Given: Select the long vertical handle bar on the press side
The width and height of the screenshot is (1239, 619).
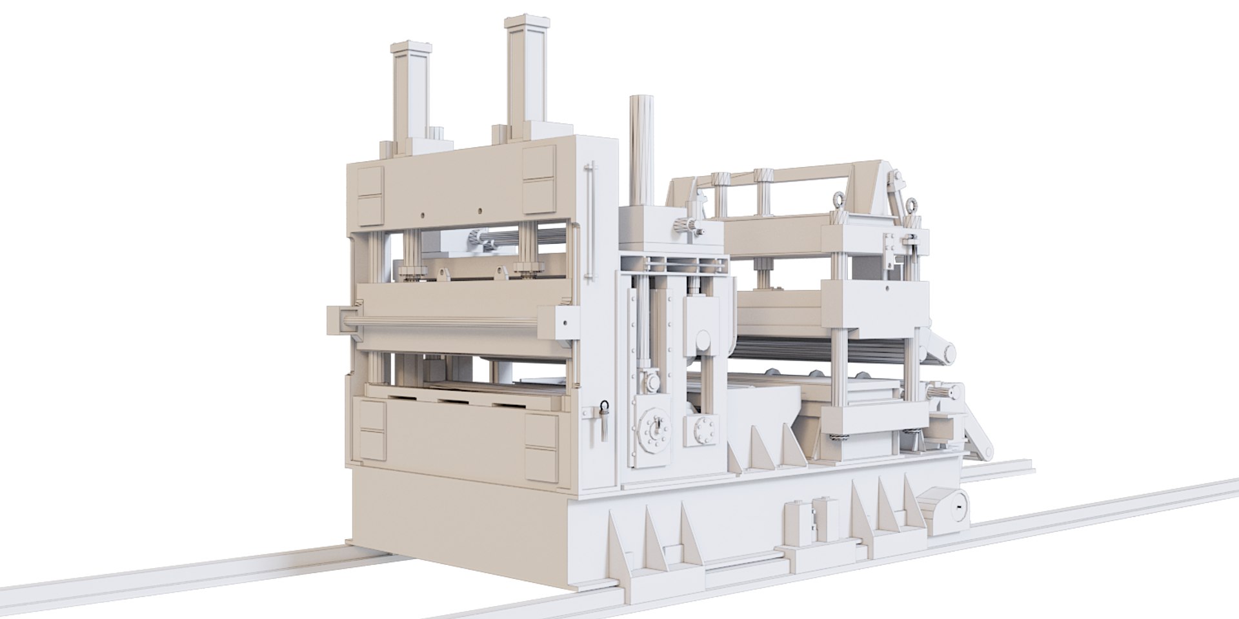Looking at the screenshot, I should (x=588, y=222).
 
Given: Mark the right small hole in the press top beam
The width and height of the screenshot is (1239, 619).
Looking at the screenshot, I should (x=481, y=210).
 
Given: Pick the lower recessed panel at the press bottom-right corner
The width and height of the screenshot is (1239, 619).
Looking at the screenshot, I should (x=541, y=462).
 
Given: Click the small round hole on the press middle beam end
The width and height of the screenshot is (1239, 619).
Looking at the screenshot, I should (x=566, y=320).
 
